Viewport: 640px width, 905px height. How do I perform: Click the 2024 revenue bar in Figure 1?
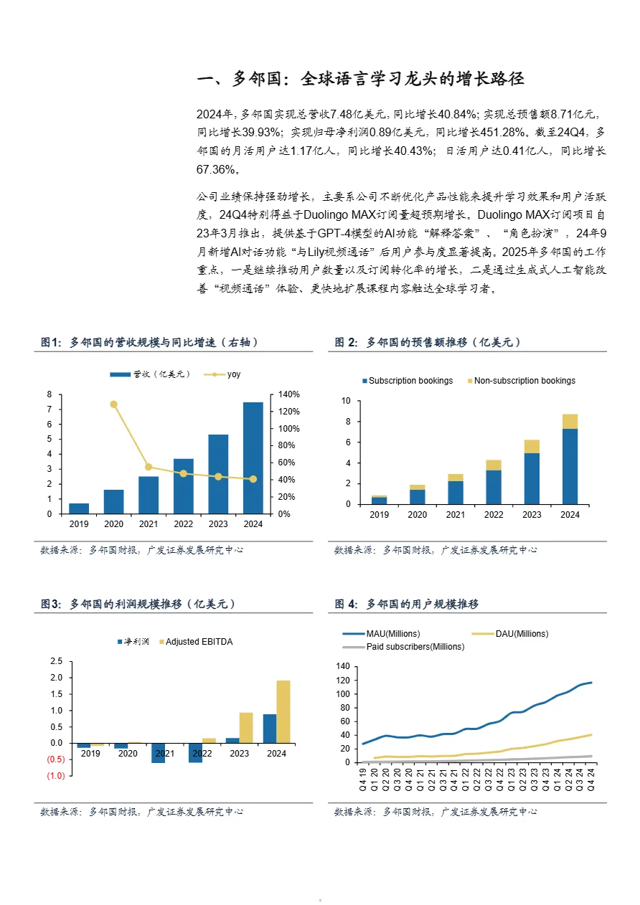tap(253, 458)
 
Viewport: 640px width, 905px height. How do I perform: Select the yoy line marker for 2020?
tap(113, 404)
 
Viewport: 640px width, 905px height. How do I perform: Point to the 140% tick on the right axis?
tap(289, 394)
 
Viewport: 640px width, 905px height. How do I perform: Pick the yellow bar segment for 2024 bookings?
tap(570, 421)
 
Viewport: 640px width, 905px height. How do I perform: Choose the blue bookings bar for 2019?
tap(379, 500)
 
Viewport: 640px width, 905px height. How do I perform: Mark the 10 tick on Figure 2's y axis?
tap(347, 401)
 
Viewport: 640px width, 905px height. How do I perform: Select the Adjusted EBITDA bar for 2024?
tap(283, 711)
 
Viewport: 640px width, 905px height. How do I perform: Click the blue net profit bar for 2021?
tap(158, 753)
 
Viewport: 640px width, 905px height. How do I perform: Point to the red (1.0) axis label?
tap(56, 777)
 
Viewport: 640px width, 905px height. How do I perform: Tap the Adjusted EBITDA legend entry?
tap(199, 642)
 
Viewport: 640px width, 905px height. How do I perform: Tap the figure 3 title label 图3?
tap(51, 605)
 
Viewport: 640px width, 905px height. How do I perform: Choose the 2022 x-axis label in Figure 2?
tap(494, 515)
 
